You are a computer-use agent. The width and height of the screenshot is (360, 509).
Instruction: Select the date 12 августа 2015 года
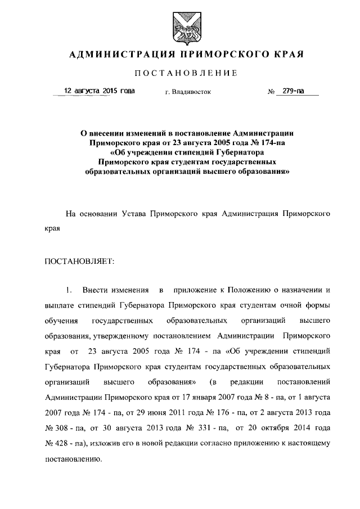pos(100,90)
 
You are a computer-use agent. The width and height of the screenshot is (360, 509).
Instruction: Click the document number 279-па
pos(293,91)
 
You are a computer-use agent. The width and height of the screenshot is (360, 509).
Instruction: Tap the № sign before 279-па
pos(271,92)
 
